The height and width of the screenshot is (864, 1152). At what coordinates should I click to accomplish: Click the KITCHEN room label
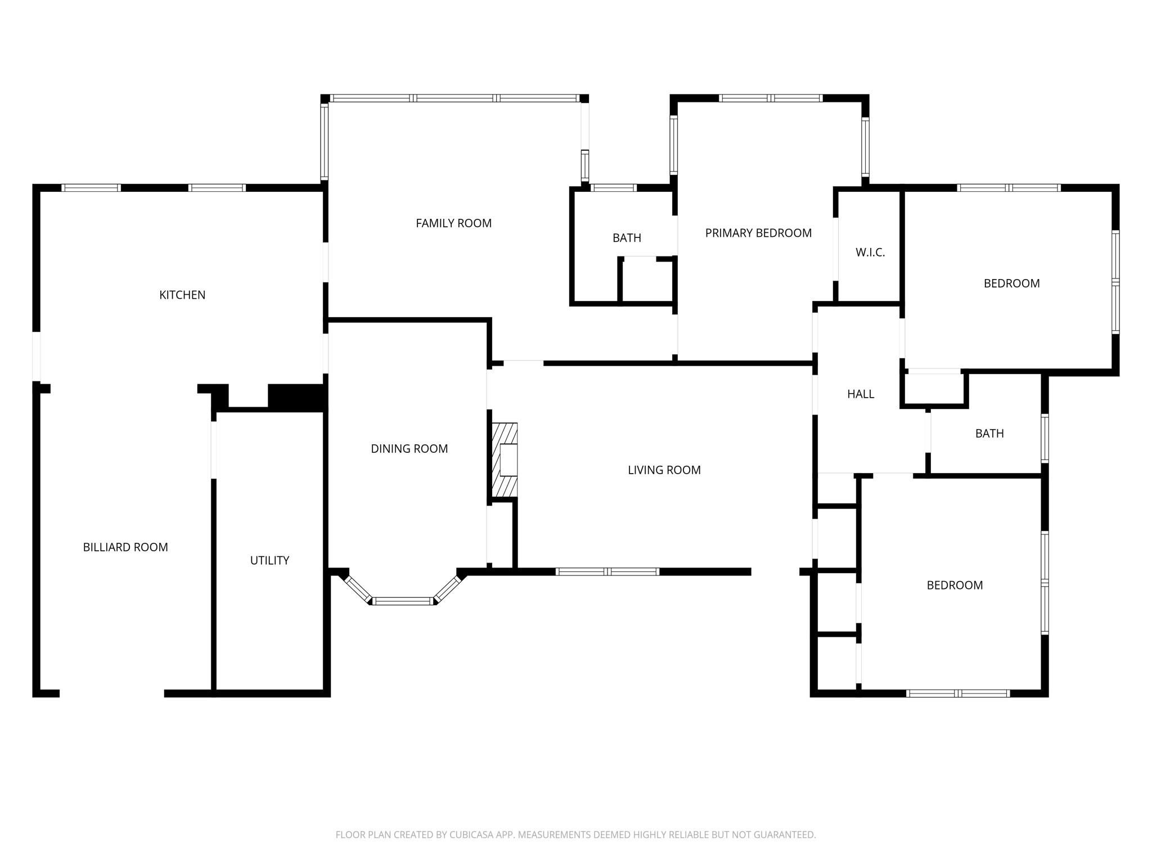[x=182, y=295]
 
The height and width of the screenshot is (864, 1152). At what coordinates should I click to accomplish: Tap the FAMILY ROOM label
[x=453, y=223]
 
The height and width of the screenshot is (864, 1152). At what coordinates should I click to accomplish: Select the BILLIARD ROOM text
[x=125, y=547]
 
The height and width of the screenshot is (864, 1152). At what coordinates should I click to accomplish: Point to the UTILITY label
[x=269, y=560]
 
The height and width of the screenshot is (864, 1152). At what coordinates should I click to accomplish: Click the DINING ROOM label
[x=409, y=449]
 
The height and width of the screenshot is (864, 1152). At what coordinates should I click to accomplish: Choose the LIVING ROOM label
[x=664, y=470]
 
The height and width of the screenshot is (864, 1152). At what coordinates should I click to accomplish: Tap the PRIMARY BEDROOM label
[x=758, y=233]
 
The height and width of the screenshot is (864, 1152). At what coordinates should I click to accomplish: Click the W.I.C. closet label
[x=870, y=253]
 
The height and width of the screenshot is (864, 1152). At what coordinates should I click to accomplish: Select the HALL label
[x=861, y=394]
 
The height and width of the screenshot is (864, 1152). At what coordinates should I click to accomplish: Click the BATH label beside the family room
[x=627, y=238]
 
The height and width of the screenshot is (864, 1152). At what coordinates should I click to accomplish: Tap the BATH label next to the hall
[x=989, y=434]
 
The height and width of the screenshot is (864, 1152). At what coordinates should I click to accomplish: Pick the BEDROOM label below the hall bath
[x=955, y=585]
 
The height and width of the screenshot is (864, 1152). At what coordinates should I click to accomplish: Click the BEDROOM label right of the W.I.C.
[x=1011, y=283]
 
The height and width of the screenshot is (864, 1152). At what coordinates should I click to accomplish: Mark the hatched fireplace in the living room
[x=505, y=460]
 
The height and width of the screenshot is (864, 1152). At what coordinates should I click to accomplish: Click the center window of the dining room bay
[x=403, y=601]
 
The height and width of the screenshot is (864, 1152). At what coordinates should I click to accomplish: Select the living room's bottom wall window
[x=607, y=572]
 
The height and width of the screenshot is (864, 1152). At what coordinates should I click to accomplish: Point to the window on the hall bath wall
[x=1045, y=438]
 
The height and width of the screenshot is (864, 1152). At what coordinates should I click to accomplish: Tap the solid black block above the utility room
[x=297, y=397]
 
